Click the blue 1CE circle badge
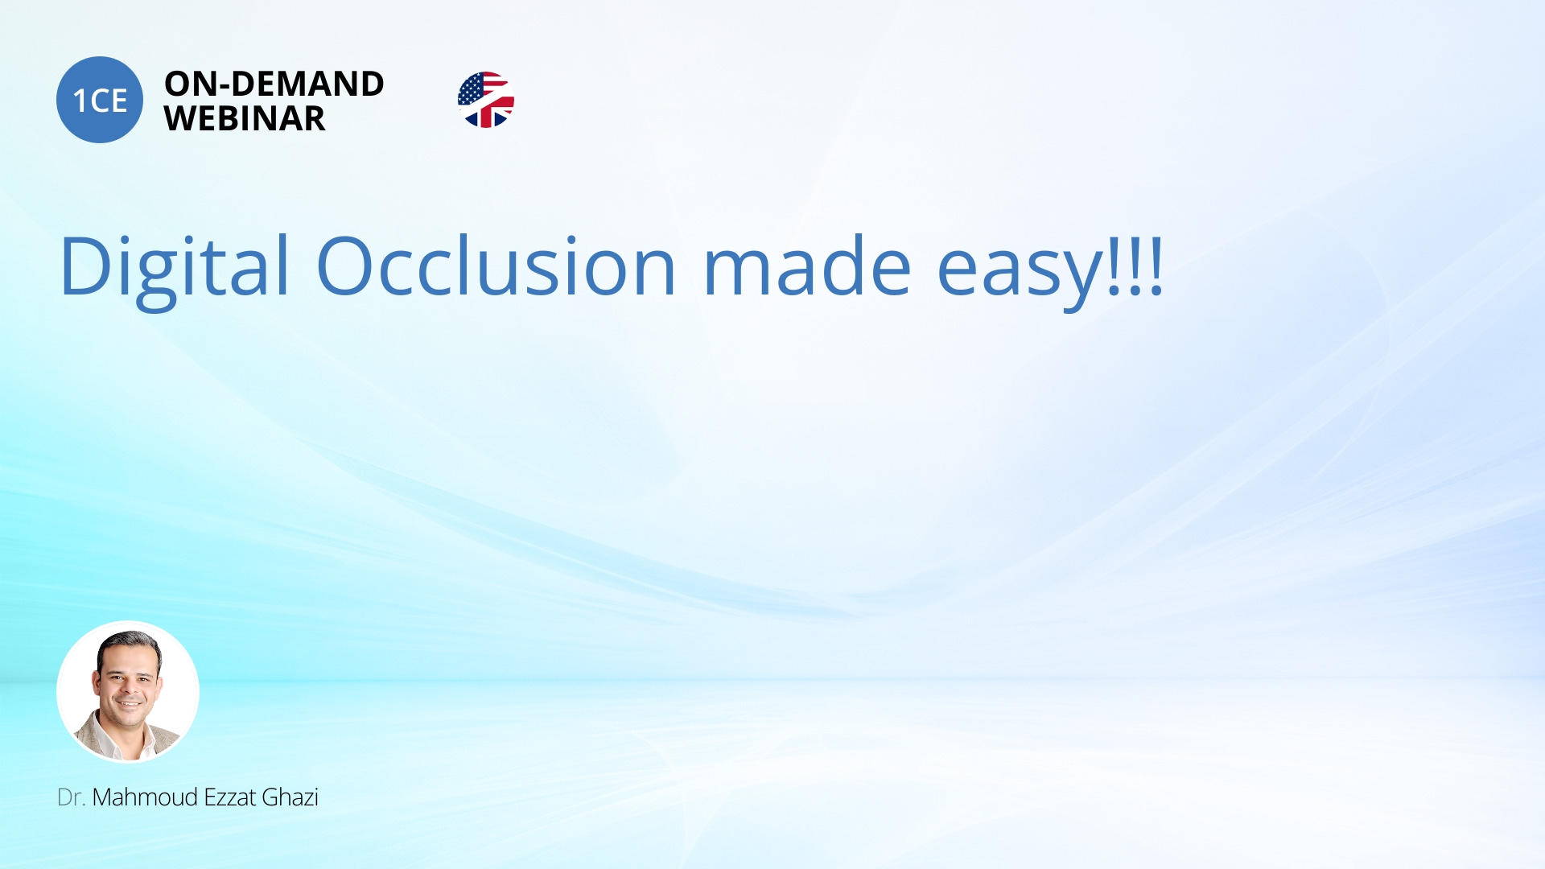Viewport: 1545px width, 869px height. pyautogui.click(x=100, y=100)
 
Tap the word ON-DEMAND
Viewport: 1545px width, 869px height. pyautogui.click(x=274, y=84)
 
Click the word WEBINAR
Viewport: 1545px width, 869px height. pyautogui.click(x=245, y=119)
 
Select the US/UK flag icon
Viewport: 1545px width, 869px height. pyautogui.click(x=486, y=100)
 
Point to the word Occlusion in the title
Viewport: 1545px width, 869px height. pyautogui.click(x=496, y=266)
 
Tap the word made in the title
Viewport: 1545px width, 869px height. pyautogui.click(x=807, y=266)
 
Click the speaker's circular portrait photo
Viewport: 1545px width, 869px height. pyautogui.click(x=128, y=692)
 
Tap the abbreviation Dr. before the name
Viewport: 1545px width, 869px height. pyautogui.click(x=71, y=797)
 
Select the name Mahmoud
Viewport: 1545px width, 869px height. pyautogui.click(x=145, y=797)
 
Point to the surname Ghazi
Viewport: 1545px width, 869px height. pyautogui.click(x=290, y=797)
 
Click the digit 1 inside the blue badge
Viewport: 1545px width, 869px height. pyautogui.click(x=80, y=101)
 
